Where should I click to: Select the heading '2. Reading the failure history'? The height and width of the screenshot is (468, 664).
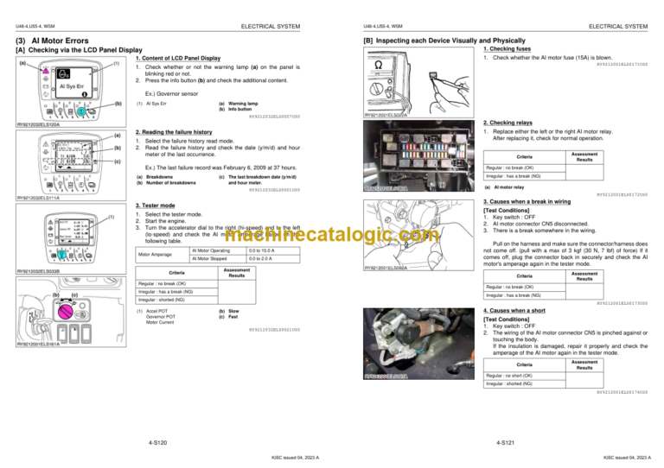174,133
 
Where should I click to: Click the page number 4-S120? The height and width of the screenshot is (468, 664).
157,442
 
